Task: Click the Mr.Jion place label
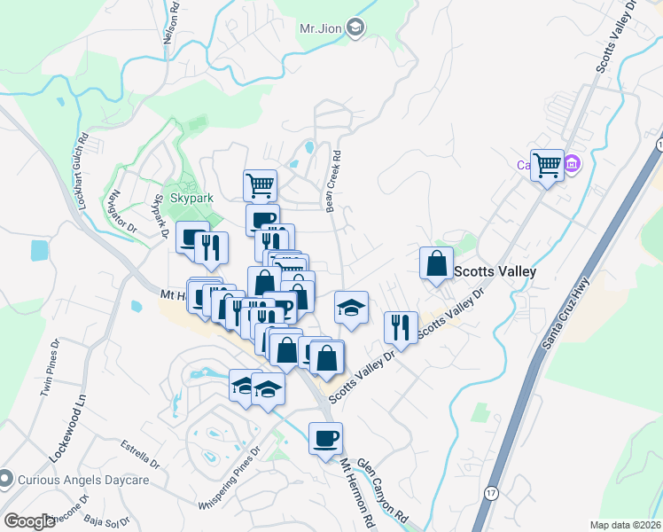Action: click(x=320, y=28)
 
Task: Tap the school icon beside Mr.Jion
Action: click(x=355, y=28)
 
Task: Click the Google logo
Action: click(x=29, y=521)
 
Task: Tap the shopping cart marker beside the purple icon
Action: click(x=547, y=164)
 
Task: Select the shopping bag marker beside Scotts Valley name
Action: click(x=436, y=264)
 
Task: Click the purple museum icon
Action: click(x=573, y=164)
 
